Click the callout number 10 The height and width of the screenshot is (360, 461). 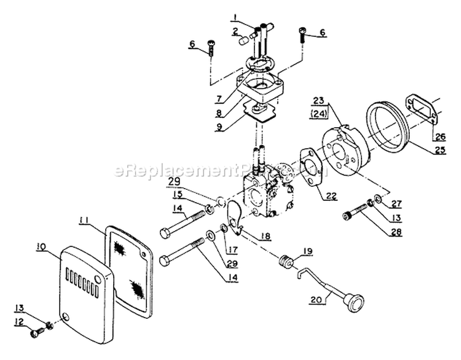pyautogui.click(x=41, y=248)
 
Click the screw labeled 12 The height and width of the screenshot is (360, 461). pyautogui.click(x=37, y=333)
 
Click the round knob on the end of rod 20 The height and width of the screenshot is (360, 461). pyautogui.click(x=355, y=303)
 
